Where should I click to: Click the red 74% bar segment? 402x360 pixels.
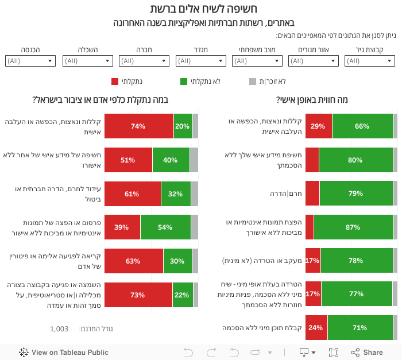click(x=138, y=126)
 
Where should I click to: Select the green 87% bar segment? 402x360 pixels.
click(x=353, y=227)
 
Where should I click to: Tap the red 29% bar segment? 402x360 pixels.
click(x=319, y=126)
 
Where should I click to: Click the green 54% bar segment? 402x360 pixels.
click(x=165, y=227)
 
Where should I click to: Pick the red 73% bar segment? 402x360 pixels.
click(x=138, y=295)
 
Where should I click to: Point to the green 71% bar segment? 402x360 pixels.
click(x=360, y=328)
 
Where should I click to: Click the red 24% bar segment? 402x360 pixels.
click(x=316, y=328)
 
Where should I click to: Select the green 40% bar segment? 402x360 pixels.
click(x=171, y=160)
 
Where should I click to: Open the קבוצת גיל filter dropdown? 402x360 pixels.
click(x=369, y=61)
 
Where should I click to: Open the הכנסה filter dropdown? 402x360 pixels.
click(x=30, y=61)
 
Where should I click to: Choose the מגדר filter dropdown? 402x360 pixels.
click(x=200, y=61)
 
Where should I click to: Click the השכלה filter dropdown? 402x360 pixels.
click(x=87, y=61)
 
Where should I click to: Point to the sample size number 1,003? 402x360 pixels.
click(x=59, y=328)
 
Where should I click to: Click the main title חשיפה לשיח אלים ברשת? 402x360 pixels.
click(x=203, y=9)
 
